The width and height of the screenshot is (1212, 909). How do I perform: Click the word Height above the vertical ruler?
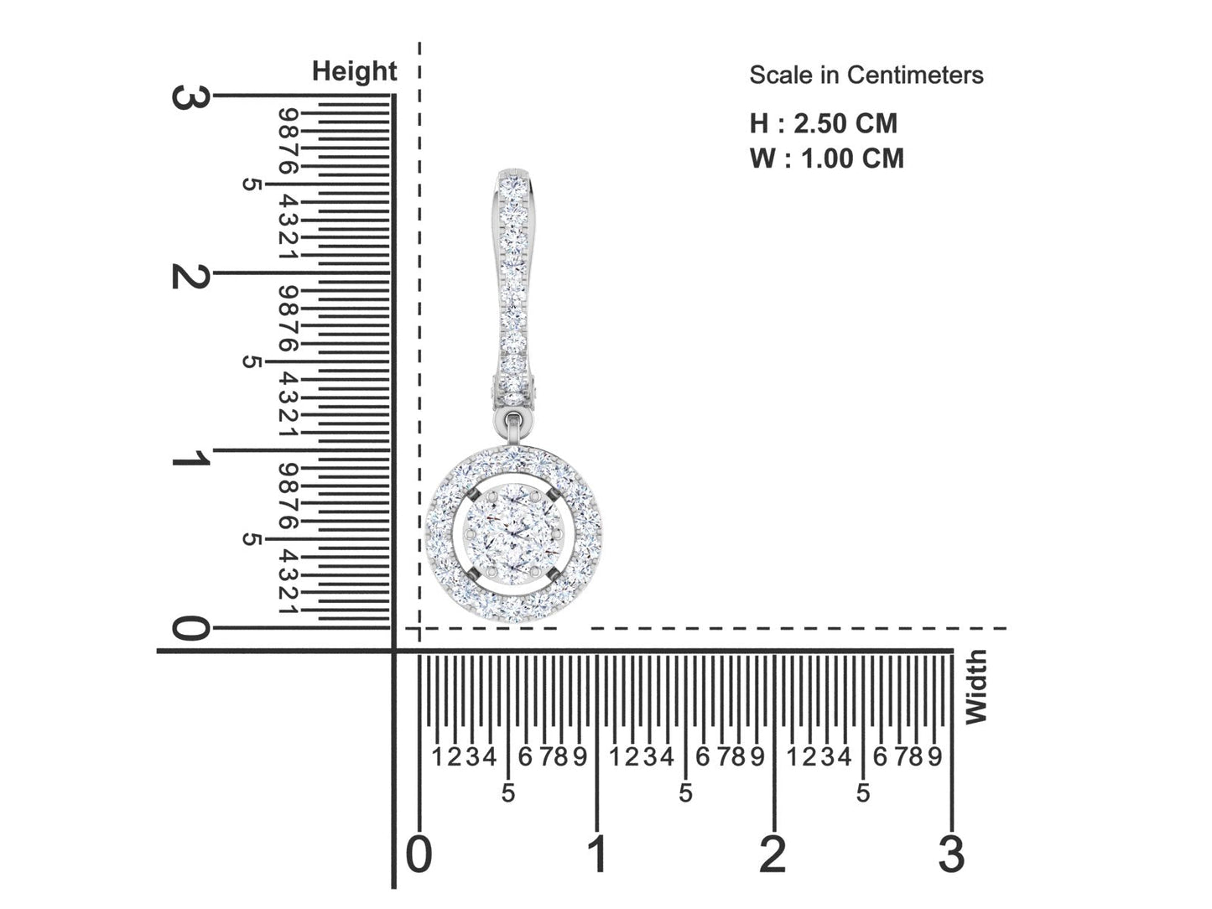pos(354,72)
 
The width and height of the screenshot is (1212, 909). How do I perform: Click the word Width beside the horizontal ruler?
pos(975,687)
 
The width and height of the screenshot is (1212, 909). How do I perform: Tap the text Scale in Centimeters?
pos(866,75)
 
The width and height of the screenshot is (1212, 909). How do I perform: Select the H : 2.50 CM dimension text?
pos(824,123)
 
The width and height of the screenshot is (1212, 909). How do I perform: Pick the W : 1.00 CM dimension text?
pos(826,158)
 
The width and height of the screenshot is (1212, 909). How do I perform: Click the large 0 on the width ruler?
pos(419,854)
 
